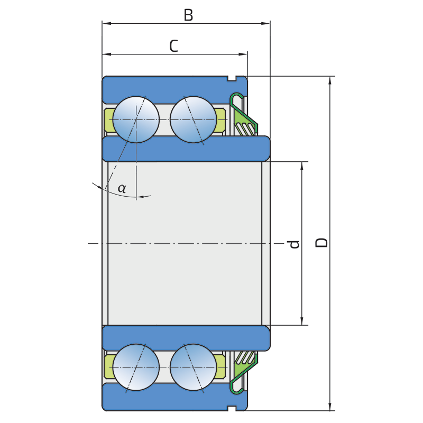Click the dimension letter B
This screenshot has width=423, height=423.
coord(188,15)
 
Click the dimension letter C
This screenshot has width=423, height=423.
coord(173,46)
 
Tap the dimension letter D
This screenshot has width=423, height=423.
coord(321,243)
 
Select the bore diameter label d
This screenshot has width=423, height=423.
coord(295,244)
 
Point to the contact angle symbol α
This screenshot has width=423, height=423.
coord(122,188)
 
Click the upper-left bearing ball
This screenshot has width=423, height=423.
coord(136,119)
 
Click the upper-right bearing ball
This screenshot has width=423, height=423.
coord(193,119)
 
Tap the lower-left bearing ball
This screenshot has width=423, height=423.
coord(136,367)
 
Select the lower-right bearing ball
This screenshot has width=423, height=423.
coord(193,367)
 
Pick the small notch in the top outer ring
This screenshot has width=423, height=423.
coord(232,79)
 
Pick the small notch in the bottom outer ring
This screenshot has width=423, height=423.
coord(232,407)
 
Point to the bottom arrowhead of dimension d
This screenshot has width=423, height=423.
coord(302,321)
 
